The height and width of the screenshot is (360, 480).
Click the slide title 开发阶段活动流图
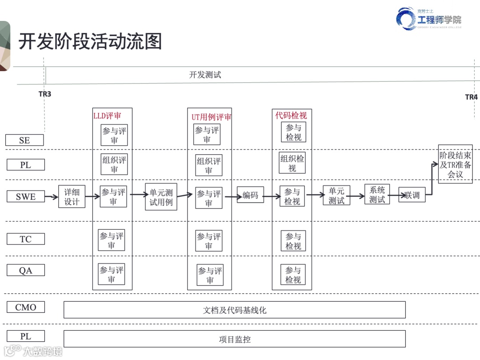90,42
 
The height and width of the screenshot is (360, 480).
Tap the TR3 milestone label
44,94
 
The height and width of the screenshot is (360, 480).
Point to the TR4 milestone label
471,97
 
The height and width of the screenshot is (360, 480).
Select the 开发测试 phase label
205,75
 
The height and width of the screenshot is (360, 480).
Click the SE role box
24,140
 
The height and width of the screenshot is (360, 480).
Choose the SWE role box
25,196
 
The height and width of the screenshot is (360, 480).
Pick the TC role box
25,239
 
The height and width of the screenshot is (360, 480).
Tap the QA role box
25,270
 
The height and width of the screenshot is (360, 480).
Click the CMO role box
25,307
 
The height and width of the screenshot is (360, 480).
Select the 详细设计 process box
72,197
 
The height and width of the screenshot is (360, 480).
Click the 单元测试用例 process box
161,197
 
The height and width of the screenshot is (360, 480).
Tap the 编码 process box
250,195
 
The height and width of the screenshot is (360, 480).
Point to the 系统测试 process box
377,195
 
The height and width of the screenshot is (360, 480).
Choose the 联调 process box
412,195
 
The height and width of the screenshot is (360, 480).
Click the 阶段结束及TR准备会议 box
455,164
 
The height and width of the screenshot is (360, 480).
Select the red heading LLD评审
107,116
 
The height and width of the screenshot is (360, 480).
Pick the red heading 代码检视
291,116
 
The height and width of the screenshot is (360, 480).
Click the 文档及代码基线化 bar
234,310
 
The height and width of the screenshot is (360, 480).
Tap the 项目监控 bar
234,339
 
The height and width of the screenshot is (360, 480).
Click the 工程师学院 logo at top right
429,19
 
